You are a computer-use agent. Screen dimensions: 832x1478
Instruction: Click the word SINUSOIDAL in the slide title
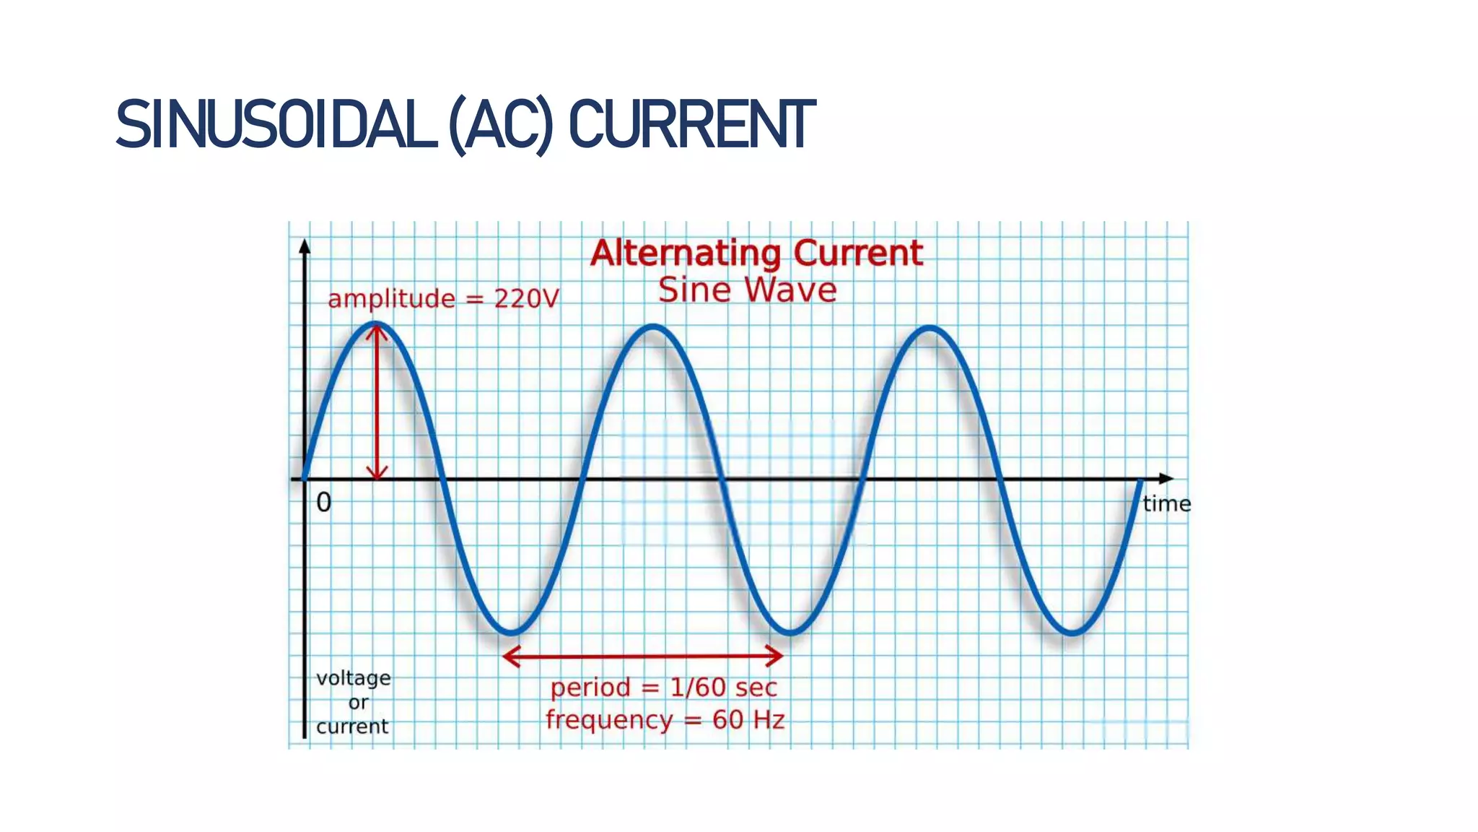coord(277,125)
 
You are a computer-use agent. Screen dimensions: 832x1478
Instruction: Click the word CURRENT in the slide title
coord(691,125)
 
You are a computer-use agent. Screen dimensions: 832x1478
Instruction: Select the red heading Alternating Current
coord(756,253)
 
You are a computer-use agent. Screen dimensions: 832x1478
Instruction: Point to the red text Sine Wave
coord(747,290)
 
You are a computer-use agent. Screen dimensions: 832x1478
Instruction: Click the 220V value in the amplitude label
coord(526,299)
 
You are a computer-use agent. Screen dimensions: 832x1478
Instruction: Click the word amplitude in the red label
coord(391,299)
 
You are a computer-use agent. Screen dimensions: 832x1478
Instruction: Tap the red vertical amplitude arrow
coord(377,404)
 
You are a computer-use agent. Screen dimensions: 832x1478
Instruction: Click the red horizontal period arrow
coord(642,656)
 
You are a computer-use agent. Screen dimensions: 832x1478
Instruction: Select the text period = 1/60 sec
coord(663,688)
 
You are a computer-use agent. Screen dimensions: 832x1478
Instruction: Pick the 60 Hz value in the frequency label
coord(748,720)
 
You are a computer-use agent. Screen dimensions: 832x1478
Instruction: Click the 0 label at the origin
coord(324,503)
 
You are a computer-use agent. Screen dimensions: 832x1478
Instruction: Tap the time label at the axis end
coord(1166,504)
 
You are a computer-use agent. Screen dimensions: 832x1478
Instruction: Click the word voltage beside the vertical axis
coord(354,678)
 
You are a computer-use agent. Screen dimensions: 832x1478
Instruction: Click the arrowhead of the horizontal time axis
coord(1166,479)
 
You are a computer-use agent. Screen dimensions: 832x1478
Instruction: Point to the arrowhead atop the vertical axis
coord(305,247)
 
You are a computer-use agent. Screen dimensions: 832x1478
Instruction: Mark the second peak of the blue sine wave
coord(653,328)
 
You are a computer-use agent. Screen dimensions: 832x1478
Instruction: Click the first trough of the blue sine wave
coord(511,633)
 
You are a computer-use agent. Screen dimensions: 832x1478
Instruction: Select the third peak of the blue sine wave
coord(930,329)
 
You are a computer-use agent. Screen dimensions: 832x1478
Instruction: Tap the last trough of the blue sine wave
coord(1071,633)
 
